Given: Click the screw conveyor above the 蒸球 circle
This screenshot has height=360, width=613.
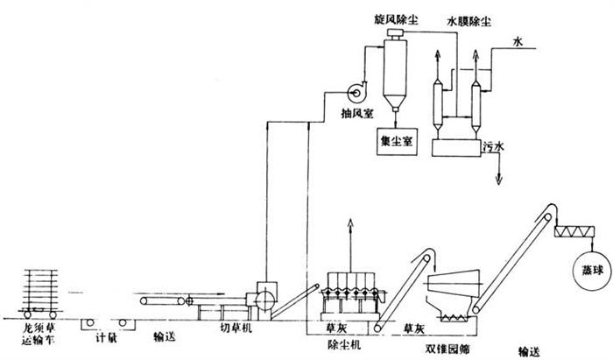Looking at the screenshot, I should point(578,232).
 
